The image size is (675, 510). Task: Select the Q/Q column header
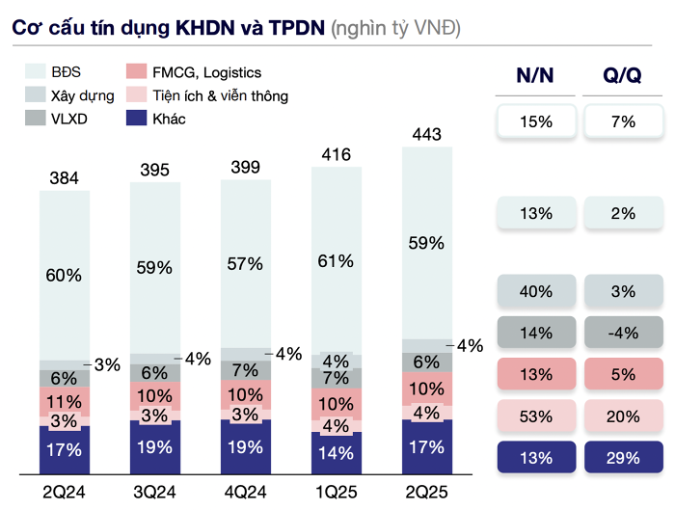pos(622,75)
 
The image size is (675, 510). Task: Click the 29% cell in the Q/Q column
pos(622,457)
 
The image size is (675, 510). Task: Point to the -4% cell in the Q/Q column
pos(622,334)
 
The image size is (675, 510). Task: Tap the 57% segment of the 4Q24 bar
pos(246,264)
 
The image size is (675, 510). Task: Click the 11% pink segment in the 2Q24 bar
pos(65,402)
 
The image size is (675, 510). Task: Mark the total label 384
pos(64,177)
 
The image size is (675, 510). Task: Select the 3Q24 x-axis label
pos(154,494)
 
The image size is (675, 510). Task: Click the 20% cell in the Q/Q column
pos(622,416)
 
